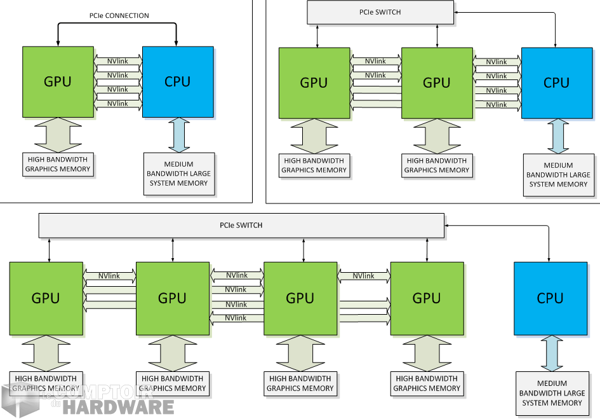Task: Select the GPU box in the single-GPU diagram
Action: pos(57,81)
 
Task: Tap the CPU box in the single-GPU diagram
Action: pos(177,81)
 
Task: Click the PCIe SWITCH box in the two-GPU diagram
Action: pos(381,12)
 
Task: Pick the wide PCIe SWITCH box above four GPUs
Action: pos(241,225)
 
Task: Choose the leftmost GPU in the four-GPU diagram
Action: pos(46,298)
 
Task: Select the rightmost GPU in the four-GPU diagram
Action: pos(427,298)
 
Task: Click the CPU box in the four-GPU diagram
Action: pos(550,298)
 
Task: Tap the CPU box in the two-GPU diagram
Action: pos(556,83)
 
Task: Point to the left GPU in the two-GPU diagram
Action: pos(314,83)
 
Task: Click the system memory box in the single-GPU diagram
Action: pos(178,174)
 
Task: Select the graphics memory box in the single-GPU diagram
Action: pos(58,164)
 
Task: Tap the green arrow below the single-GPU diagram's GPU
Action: pos(57,135)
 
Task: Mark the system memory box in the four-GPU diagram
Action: pos(552,394)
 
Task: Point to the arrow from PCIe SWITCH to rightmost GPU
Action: pos(427,250)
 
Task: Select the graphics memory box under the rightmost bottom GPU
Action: pos(427,383)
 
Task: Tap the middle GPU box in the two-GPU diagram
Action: pos(437,83)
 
